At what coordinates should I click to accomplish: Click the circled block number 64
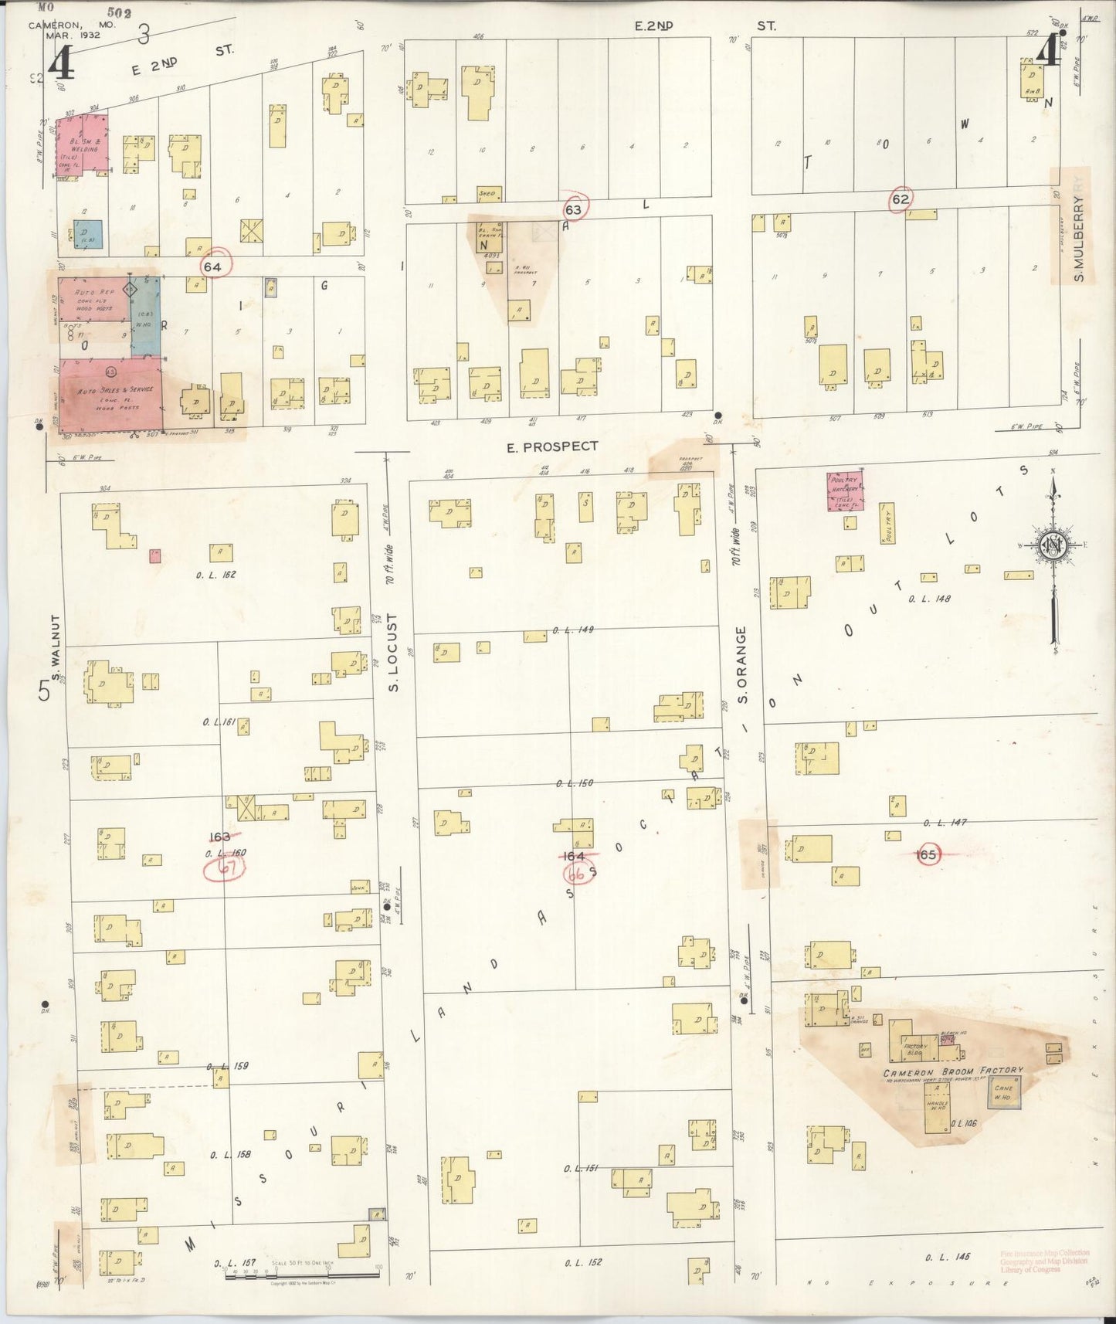[x=214, y=266]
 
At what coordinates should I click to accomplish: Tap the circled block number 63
[x=573, y=209]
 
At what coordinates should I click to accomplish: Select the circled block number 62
[x=900, y=198]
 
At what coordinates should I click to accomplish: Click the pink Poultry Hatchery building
[x=845, y=491]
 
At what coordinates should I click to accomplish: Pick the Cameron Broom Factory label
[x=953, y=1071]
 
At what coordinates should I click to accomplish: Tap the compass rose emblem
[x=1053, y=546]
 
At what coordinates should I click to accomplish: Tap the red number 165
[x=927, y=854]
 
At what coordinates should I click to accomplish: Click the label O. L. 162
[x=216, y=575]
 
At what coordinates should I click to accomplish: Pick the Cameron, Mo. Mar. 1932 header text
[x=72, y=30]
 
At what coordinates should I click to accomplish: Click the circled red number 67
[x=225, y=869]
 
